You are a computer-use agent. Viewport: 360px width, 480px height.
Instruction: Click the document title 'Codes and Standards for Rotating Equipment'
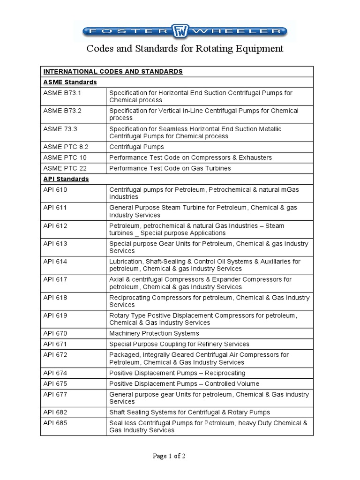point(185,49)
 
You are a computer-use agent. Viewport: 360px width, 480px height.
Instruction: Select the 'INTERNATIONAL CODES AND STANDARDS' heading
point(113,72)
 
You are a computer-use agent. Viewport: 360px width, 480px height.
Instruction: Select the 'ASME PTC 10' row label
point(65,157)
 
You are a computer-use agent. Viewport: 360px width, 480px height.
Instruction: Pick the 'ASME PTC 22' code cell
point(65,168)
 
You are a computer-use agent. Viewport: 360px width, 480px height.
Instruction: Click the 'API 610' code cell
point(55,190)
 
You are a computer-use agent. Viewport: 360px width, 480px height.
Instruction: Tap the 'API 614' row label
point(55,262)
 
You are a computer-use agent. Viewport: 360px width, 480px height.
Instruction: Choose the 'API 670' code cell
point(55,333)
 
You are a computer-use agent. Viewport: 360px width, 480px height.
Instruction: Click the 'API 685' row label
point(55,423)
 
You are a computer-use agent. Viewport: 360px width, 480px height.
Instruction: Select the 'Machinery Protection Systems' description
point(154,333)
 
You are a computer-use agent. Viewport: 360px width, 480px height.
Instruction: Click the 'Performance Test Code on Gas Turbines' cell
point(170,168)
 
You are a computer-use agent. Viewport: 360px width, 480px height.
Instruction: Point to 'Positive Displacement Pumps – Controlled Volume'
point(184,383)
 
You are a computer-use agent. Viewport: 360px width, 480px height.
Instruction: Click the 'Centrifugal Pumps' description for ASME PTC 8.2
point(136,147)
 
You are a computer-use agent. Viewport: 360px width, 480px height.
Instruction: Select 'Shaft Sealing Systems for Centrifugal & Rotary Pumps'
point(190,412)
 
